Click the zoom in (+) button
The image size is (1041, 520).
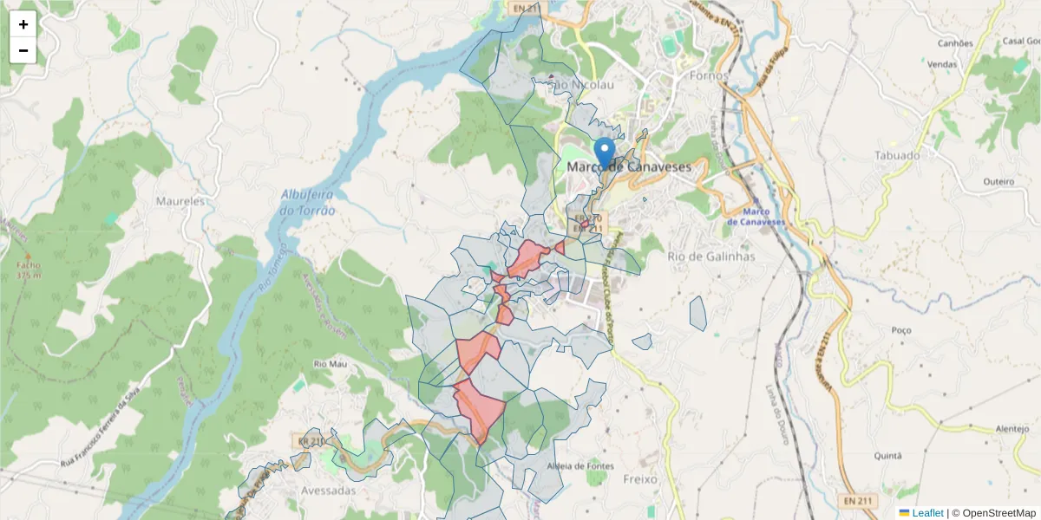pos(23,24)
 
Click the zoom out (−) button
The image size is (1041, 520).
pos(23,50)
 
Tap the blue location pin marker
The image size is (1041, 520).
pos(605,153)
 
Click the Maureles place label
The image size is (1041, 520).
pos(180,201)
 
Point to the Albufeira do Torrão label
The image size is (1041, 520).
pos(308,203)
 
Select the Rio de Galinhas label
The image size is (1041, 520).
pos(711,257)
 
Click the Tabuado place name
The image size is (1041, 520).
pos(898,156)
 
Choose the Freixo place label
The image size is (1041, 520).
pos(640,478)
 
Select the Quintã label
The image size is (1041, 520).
pos(888,456)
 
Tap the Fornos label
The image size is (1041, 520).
pos(709,76)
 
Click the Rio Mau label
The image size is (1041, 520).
pos(331,365)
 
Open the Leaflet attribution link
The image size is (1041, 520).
pos(927,513)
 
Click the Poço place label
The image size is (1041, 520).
pos(900,330)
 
